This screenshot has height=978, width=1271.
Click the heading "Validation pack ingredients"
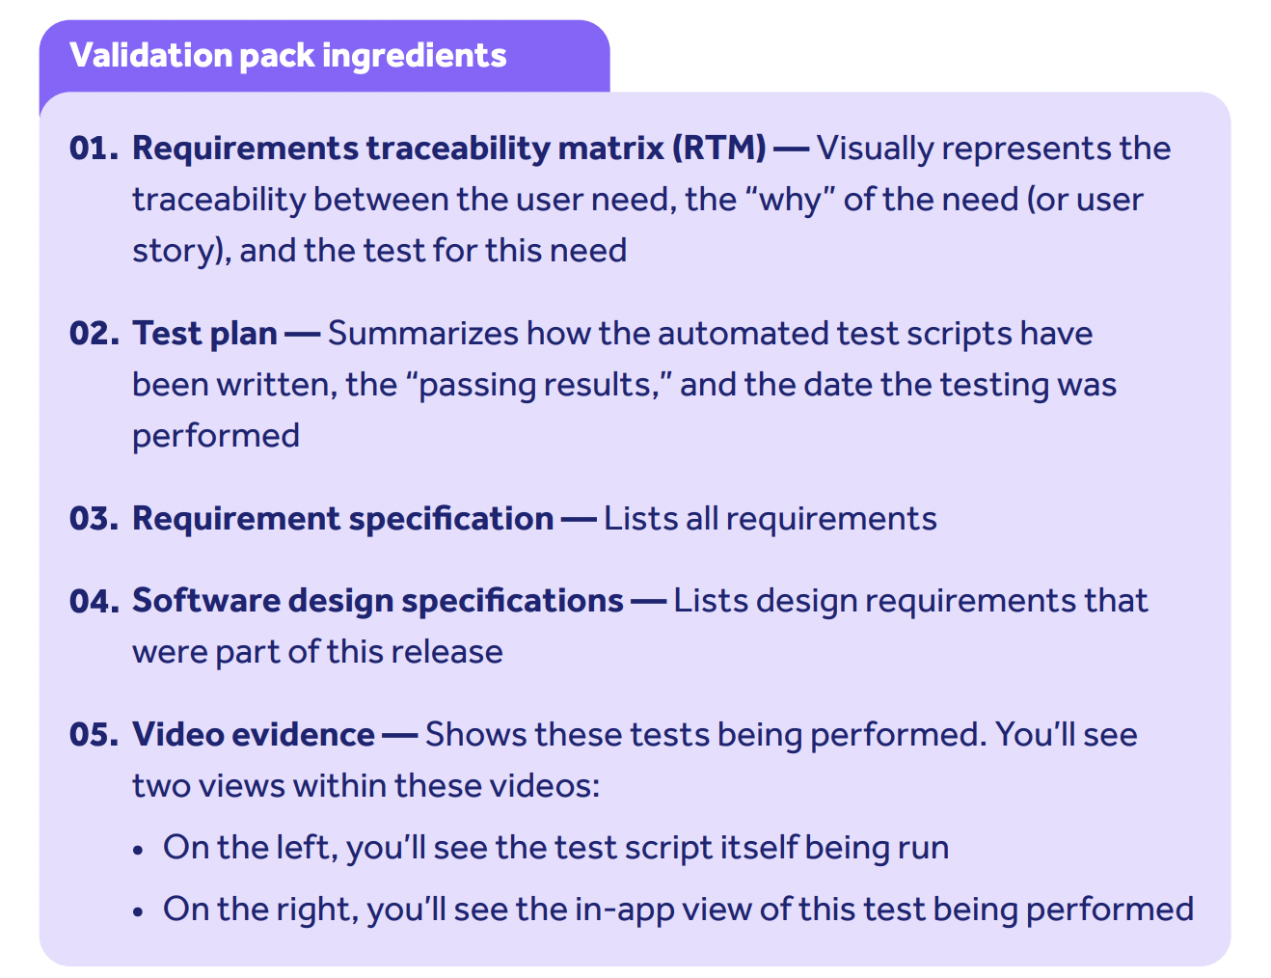coord(287,56)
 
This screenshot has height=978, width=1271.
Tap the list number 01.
coord(94,149)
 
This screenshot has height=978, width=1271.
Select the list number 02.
coord(94,334)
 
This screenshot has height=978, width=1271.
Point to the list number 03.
coord(94,519)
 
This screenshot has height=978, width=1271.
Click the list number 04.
coord(94,601)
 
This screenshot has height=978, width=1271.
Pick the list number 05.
coord(94,735)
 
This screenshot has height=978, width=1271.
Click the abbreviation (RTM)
coord(718,149)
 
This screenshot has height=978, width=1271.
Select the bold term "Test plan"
coord(204,334)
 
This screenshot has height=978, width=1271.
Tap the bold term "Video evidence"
coord(254,735)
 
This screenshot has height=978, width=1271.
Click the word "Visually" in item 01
coord(875,149)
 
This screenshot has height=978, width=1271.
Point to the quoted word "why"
coord(790,200)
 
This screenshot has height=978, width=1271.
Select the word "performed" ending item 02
coord(216,436)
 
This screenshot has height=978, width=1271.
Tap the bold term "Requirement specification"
coord(342,519)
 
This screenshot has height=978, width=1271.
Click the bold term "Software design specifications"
coord(377,601)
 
